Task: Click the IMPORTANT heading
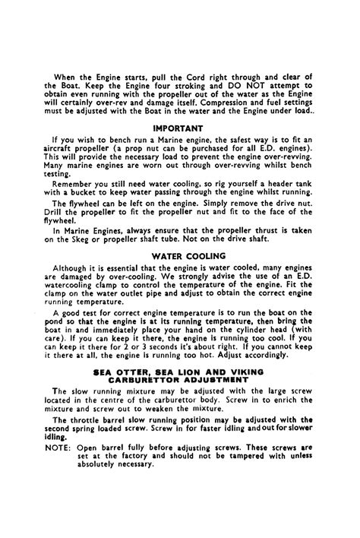[x=179, y=128]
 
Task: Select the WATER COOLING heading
[x=179, y=256]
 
